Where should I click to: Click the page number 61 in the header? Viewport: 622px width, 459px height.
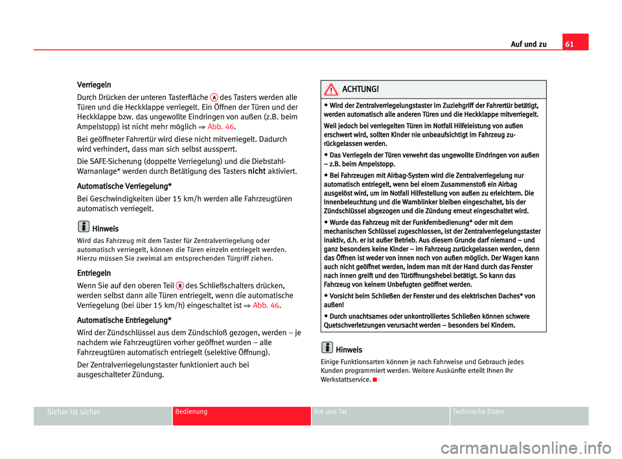click(x=575, y=44)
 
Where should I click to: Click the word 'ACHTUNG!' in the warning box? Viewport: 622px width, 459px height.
click(x=360, y=89)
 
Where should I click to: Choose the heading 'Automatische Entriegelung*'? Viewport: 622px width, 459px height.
click(x=124, y=320)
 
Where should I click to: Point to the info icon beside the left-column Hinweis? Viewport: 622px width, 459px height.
click(x=84, y=228)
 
